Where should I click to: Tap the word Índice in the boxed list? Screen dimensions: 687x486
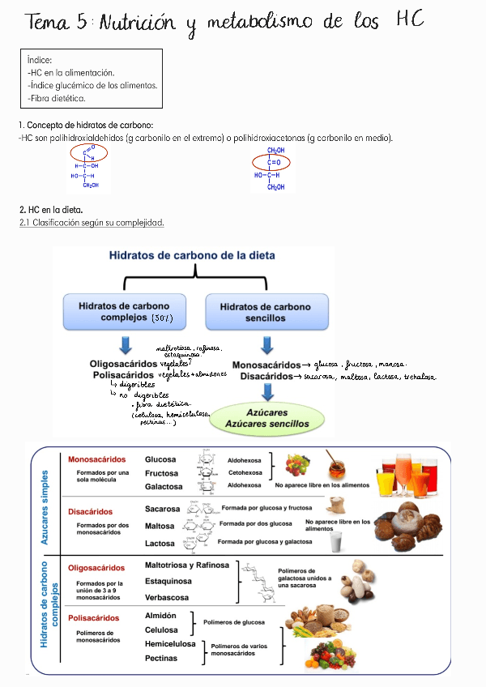click(x=40, y=60)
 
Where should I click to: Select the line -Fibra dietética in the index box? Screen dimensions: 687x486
click(x=56, y=98)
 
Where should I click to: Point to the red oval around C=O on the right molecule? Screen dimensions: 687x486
click(x=275, y=162)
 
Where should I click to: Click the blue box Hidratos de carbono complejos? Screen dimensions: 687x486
click(x=124, y=312)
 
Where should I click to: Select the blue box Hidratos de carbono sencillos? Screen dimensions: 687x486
click(x=265, y=312)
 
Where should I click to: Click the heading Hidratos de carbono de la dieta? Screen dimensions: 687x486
click(x=192, y=255)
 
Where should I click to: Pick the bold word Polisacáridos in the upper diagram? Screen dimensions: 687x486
click(x=123, y=376)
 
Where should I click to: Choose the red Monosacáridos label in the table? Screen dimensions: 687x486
click(x=96, y=459)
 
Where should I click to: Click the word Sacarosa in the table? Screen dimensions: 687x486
click(x=163, y=509)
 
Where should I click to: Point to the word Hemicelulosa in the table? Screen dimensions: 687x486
click(x=170, y=644)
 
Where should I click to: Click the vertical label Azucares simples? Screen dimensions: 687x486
click(x=45, y=507)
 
